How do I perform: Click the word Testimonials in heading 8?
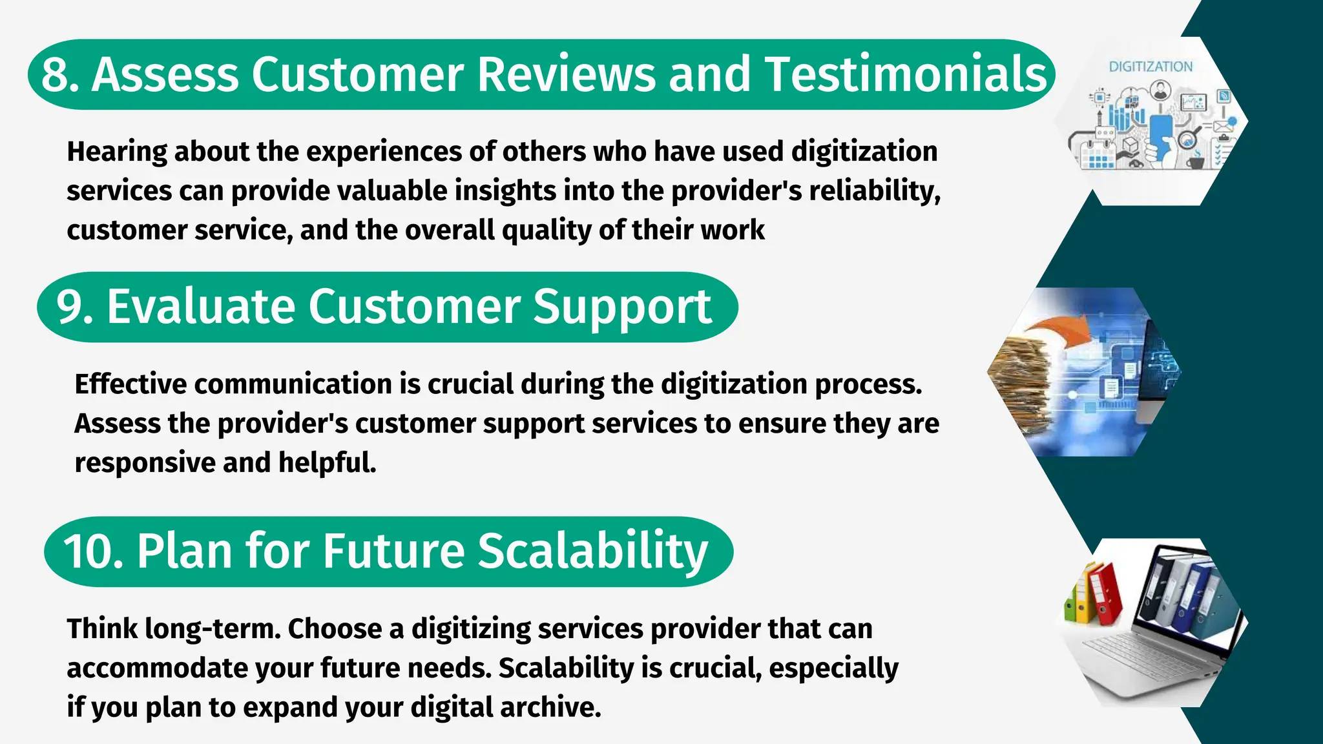click(x=905, y=74)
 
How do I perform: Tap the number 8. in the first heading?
click(x=59, y=75)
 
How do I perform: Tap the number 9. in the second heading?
click(x=74, y=307)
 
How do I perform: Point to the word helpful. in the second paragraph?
click(x=327, y=462)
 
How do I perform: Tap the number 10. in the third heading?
click(x=92, y=552)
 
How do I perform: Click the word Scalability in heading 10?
click(x=592, y=552)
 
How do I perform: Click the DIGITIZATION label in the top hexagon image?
click(x=1151, y=67)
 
